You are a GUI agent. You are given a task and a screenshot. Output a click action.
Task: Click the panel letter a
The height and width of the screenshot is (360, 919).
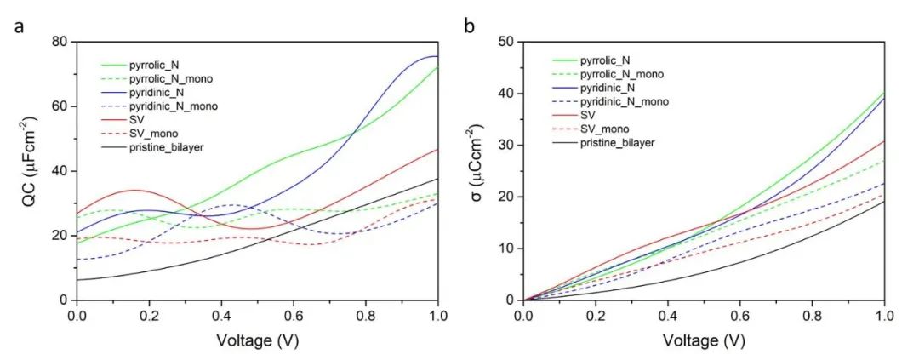coord(18,26)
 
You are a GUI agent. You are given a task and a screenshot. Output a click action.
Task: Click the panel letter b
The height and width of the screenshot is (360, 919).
coord(470,26)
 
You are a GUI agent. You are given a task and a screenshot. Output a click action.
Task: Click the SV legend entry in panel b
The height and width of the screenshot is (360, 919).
coord(589,116)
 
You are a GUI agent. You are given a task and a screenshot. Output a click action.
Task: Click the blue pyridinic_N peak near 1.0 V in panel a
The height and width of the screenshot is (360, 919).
coord(432,56)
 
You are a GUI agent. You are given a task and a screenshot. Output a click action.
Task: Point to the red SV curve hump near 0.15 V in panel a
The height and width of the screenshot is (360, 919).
coord(134,190)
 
